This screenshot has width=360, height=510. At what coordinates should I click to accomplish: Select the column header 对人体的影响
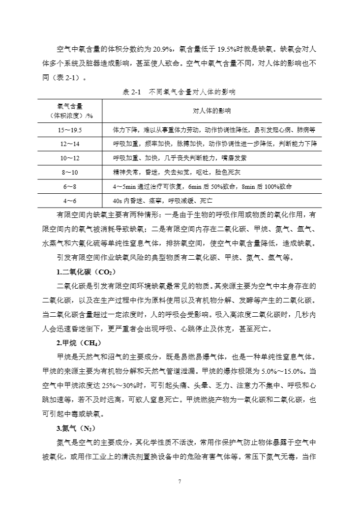211,111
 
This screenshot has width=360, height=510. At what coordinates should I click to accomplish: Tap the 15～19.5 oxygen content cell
70,130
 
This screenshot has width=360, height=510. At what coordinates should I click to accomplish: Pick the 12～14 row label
70,144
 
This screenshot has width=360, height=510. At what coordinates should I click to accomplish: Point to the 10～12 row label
70,158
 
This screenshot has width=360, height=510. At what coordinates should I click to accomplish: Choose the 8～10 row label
70,173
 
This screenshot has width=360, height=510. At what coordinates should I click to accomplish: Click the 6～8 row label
70,187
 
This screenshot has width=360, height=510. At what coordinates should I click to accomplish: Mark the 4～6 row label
70,201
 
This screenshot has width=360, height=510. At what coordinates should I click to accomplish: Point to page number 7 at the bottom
180,481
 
